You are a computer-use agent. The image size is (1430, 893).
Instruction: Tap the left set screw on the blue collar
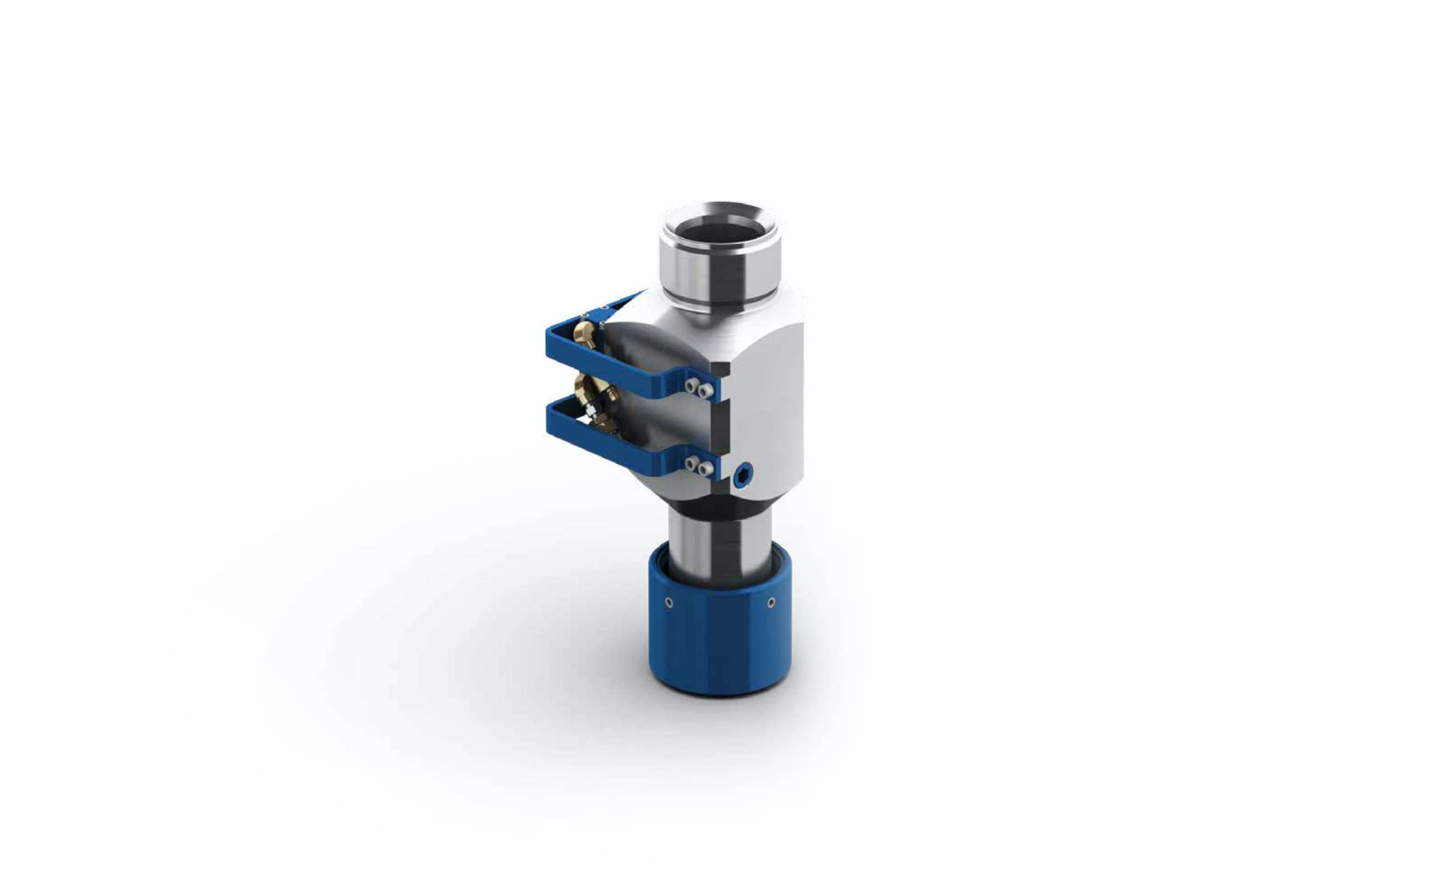point(669,602)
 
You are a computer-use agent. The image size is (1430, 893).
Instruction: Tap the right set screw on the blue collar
point(771,602)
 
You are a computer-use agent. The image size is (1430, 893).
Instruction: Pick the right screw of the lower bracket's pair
point(703,469)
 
